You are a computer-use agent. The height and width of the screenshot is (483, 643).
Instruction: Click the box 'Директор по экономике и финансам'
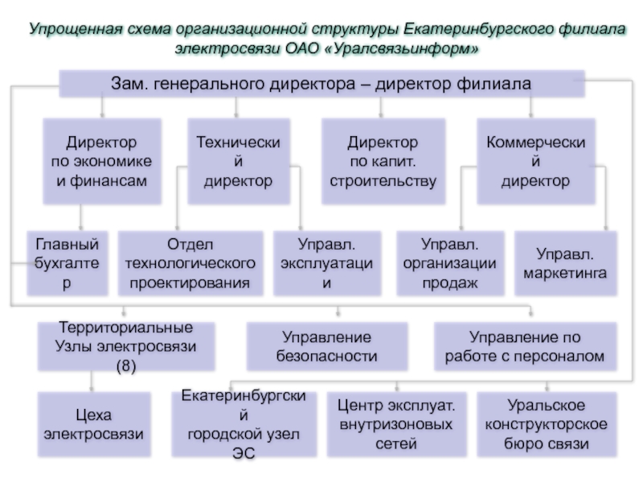(102, 161)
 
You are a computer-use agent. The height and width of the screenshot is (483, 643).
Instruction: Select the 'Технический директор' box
(239, 161)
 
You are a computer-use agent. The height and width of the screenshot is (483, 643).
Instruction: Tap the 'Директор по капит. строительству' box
(383, 161)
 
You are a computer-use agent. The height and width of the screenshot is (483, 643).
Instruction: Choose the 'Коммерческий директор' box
(536, 161)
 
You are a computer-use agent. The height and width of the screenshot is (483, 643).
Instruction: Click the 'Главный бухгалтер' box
(68, 263)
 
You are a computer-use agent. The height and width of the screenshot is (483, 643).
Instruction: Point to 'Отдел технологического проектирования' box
(190, 263)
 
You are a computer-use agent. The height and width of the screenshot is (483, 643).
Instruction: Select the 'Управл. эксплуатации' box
(327, 263)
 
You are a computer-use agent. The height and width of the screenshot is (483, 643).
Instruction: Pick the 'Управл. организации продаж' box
(450, 263)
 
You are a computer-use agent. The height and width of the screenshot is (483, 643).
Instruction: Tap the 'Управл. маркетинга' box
(566, 263)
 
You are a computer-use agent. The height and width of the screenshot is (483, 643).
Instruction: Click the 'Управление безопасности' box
(327, 347)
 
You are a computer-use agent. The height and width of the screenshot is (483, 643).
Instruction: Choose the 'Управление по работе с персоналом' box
(526, 347)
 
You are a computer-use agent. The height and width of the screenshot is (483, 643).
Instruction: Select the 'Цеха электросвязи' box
(94, 424)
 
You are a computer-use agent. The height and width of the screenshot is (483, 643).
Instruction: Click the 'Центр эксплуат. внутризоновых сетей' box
(396, 424)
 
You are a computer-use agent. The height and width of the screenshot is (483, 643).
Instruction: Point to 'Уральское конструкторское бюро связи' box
(547, 424)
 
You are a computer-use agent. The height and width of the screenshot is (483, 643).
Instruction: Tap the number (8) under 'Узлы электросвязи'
(126, 366)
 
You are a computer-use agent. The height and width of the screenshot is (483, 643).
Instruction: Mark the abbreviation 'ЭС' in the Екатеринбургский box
(244, 453)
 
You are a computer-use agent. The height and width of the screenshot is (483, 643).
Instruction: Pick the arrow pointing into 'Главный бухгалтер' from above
(80, 217)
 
